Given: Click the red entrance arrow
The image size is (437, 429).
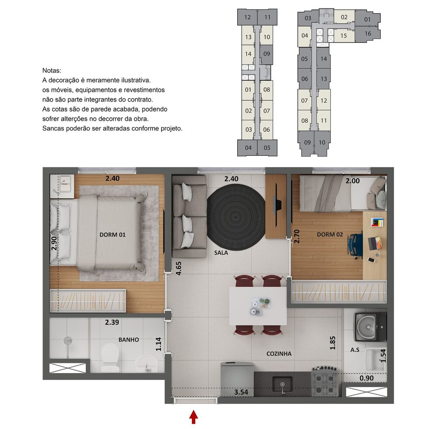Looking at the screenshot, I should point(193,416).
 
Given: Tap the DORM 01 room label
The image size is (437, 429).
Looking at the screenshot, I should point(112,235).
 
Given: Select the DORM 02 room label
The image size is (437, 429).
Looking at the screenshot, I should point(329,235).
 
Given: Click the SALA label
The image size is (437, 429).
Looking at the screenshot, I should point(222,253).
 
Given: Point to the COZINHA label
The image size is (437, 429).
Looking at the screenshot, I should point(279,354).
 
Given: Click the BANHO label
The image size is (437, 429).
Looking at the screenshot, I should point(128,339).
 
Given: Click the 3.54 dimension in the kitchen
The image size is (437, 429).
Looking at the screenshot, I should point(241,392).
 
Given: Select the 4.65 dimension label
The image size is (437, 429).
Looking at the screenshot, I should point(178,267).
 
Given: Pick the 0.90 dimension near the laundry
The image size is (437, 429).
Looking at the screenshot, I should point(366,378).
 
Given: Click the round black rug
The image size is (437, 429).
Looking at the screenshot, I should point(236,217).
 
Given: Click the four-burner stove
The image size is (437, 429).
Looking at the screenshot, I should point(325,380).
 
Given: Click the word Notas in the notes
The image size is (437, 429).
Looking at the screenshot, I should point(52,70).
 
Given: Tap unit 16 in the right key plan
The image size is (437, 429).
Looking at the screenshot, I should point(368,34).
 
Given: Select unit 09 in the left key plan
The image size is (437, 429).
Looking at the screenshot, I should point(267,54).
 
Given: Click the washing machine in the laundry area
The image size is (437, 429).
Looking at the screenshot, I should point(371,326).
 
